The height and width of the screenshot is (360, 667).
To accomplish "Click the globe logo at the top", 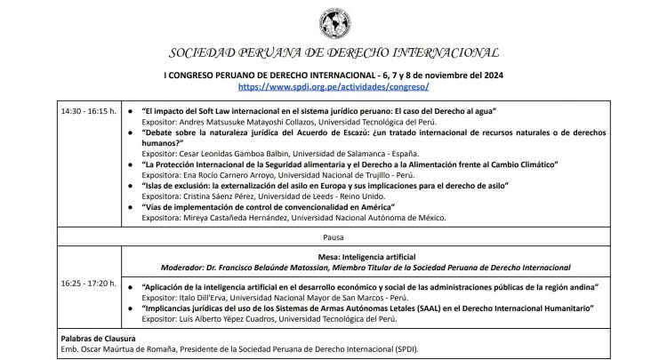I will (333, 20).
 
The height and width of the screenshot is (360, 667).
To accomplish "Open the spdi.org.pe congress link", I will (333, 87).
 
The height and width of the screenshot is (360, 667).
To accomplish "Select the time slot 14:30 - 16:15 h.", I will (89, 110).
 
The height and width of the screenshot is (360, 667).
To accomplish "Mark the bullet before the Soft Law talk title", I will (132, 110).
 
